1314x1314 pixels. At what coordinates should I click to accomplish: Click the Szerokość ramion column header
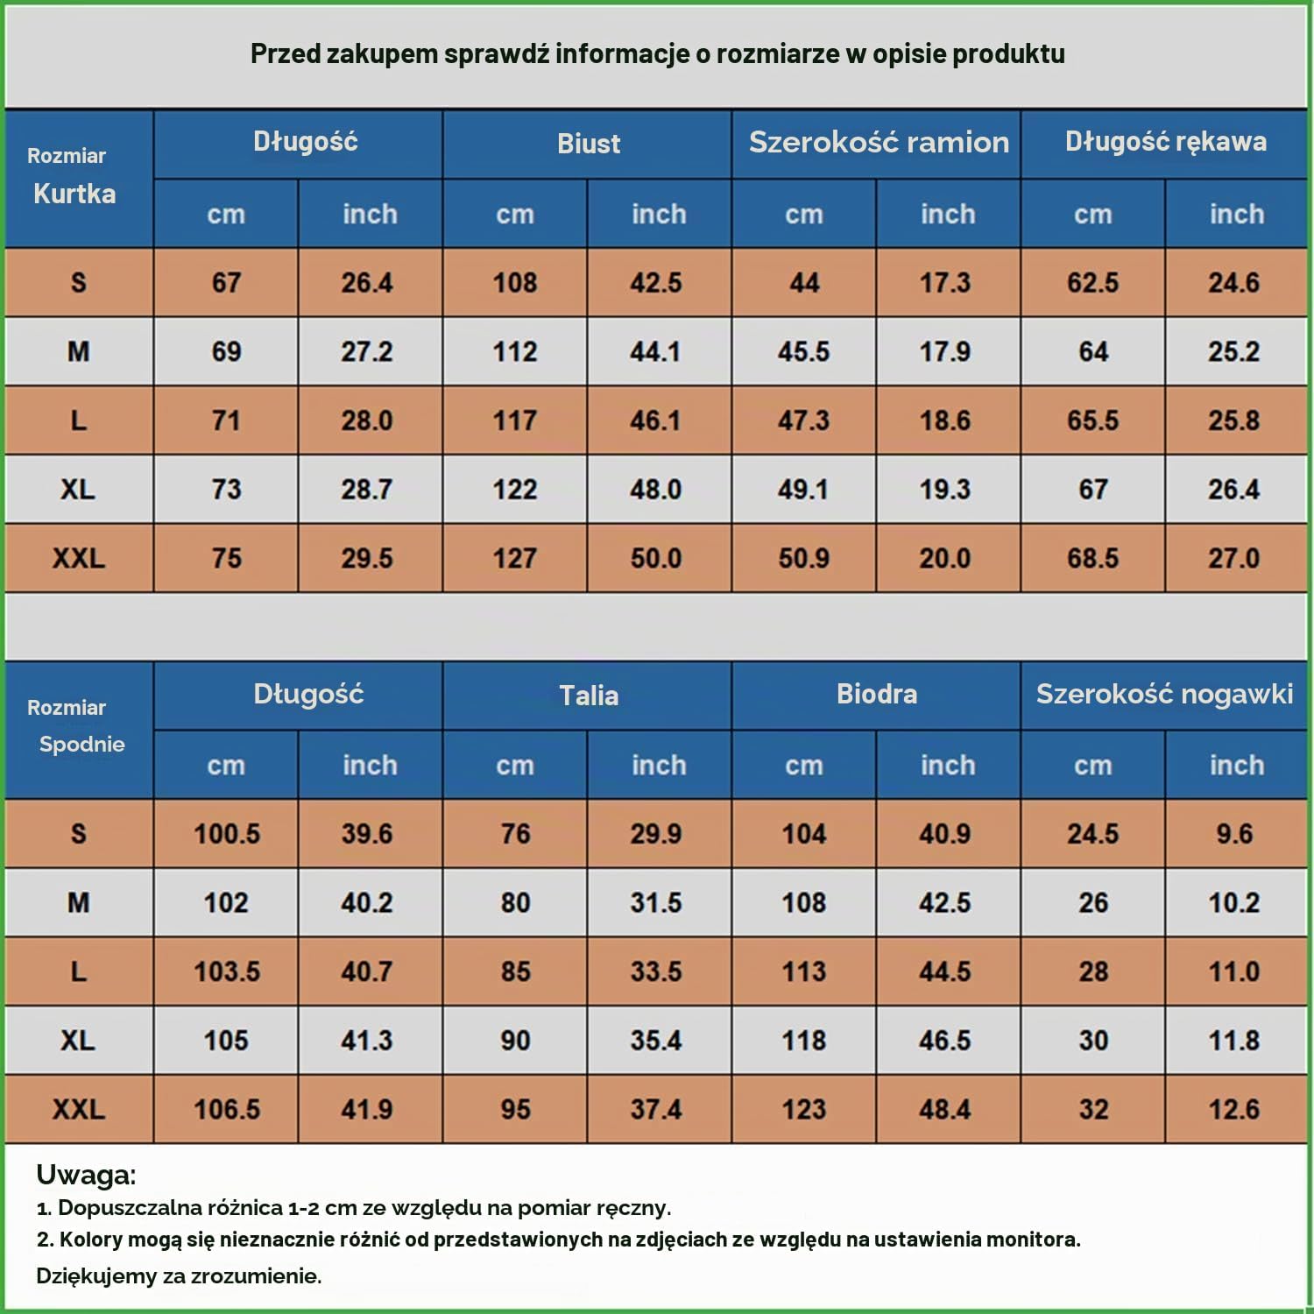(879, 142)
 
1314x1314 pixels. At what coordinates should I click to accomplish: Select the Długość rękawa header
(1166, 142)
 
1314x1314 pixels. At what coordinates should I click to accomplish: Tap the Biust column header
(589, 144)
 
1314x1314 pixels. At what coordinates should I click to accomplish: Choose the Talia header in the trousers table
(589, 696)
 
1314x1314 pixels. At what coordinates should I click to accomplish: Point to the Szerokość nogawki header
(1165, 694)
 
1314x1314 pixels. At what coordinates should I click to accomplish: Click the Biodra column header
(877, 694)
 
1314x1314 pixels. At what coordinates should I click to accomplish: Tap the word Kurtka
(74, 194)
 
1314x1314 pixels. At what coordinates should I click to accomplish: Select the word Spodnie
(82, 745)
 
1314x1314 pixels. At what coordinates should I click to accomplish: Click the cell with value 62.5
(1093, 282)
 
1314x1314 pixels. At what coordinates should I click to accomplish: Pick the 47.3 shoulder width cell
(803, 420)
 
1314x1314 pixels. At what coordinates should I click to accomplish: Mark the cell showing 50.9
(803, 558)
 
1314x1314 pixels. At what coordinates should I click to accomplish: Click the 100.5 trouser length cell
(227, 833)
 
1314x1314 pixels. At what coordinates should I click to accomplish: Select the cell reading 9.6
(1234, 833)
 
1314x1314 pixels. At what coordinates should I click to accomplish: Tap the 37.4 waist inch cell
(656, 1109)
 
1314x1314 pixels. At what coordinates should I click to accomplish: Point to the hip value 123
(803, 1109)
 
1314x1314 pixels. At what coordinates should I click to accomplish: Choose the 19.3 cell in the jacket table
(944, 489)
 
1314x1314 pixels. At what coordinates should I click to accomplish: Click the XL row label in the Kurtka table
(78, 489)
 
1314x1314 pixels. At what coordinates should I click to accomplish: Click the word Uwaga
(86, 1175)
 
